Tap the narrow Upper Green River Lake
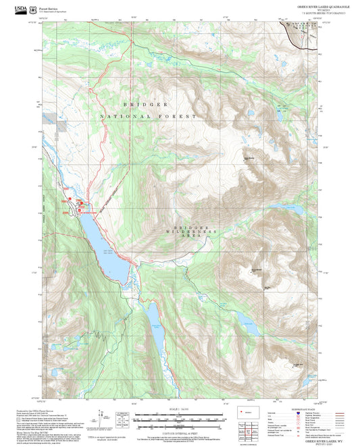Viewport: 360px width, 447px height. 156,327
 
